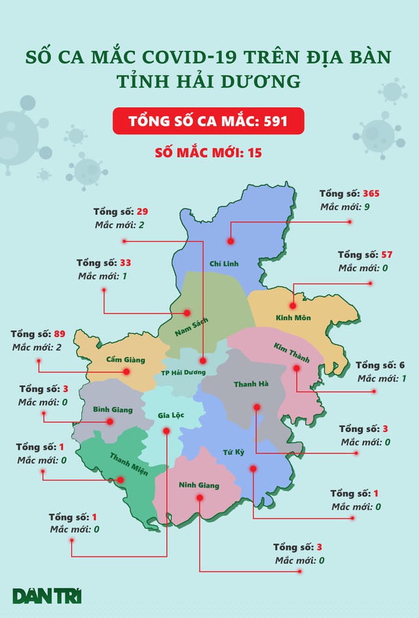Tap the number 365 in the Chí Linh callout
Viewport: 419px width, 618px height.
click(x=370, y=194)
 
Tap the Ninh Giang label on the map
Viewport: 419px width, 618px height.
click(x=200, y=485)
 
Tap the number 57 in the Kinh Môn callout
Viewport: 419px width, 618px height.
click(x=388, y=255)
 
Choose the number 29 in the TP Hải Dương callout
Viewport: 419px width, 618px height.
click(x=142, y=212)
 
